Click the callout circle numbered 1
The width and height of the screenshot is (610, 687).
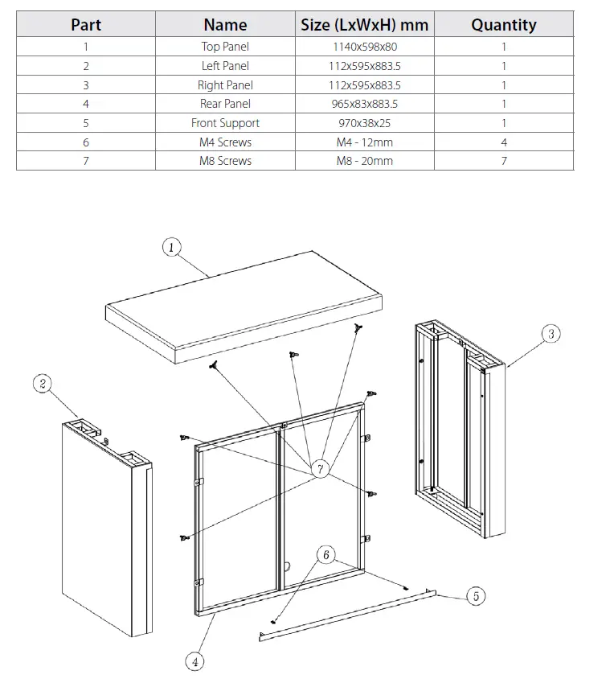[x=172, y=247]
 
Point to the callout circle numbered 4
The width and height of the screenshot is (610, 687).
[x=194, y=662]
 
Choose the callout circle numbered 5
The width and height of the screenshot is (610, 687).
[x=476, y=596]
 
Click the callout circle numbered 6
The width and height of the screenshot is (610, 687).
[x=325, y=555]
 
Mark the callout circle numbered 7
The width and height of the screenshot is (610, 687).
[x=321, y=469]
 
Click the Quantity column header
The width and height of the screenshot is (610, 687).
[x=503, y=24]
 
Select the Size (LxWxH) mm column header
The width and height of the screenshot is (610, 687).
[x=364, y=24]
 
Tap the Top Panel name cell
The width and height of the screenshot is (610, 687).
[x=225, y=47]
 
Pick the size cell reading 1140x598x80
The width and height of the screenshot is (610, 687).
[x=364, y=47]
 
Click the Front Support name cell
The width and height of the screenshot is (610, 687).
[x=225, y=123]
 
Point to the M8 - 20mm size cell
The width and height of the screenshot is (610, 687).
[x=364, y=161]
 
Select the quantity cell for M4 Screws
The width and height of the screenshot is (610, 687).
[x=503, y=142]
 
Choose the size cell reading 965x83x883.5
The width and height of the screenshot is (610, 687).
[x=364, y=104]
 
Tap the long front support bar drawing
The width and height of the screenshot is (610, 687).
[x=346, y=615]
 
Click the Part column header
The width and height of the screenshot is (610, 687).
[x=86, y=24]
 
